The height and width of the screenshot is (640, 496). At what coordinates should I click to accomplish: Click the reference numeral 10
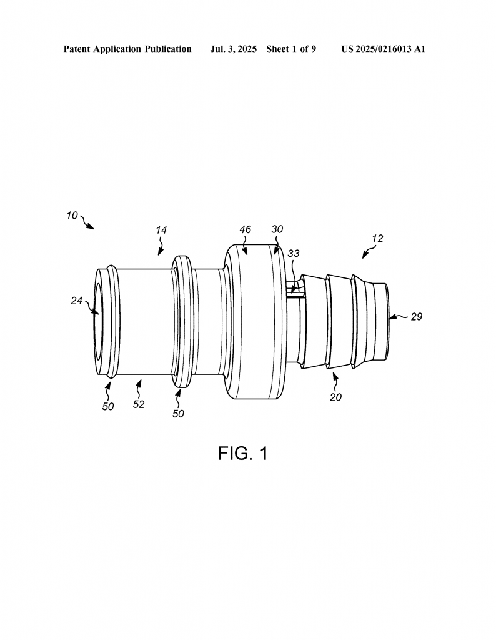72,216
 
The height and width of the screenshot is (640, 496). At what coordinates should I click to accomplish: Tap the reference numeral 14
162,230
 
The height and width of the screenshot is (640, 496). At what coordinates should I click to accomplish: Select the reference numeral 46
245,229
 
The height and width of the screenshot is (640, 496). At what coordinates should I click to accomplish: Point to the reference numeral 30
277,229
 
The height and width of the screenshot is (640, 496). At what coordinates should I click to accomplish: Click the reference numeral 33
294,254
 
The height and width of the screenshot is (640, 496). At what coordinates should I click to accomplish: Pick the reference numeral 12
378,238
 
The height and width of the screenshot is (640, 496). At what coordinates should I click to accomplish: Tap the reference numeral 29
417,317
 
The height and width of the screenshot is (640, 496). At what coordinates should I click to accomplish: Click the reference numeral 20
335,397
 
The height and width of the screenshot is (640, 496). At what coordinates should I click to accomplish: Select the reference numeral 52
139,404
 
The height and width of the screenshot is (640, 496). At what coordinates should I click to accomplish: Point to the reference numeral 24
77,301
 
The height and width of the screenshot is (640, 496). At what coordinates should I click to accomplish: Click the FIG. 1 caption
243,454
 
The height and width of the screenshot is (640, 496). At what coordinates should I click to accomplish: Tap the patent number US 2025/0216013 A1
384,49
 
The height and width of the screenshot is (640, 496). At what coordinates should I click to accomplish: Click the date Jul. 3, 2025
233,49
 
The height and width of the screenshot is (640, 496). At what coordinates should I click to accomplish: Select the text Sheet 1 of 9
291,49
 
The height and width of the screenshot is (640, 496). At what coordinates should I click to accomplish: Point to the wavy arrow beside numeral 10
87,222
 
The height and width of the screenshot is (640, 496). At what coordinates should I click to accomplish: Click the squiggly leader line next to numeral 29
399,316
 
